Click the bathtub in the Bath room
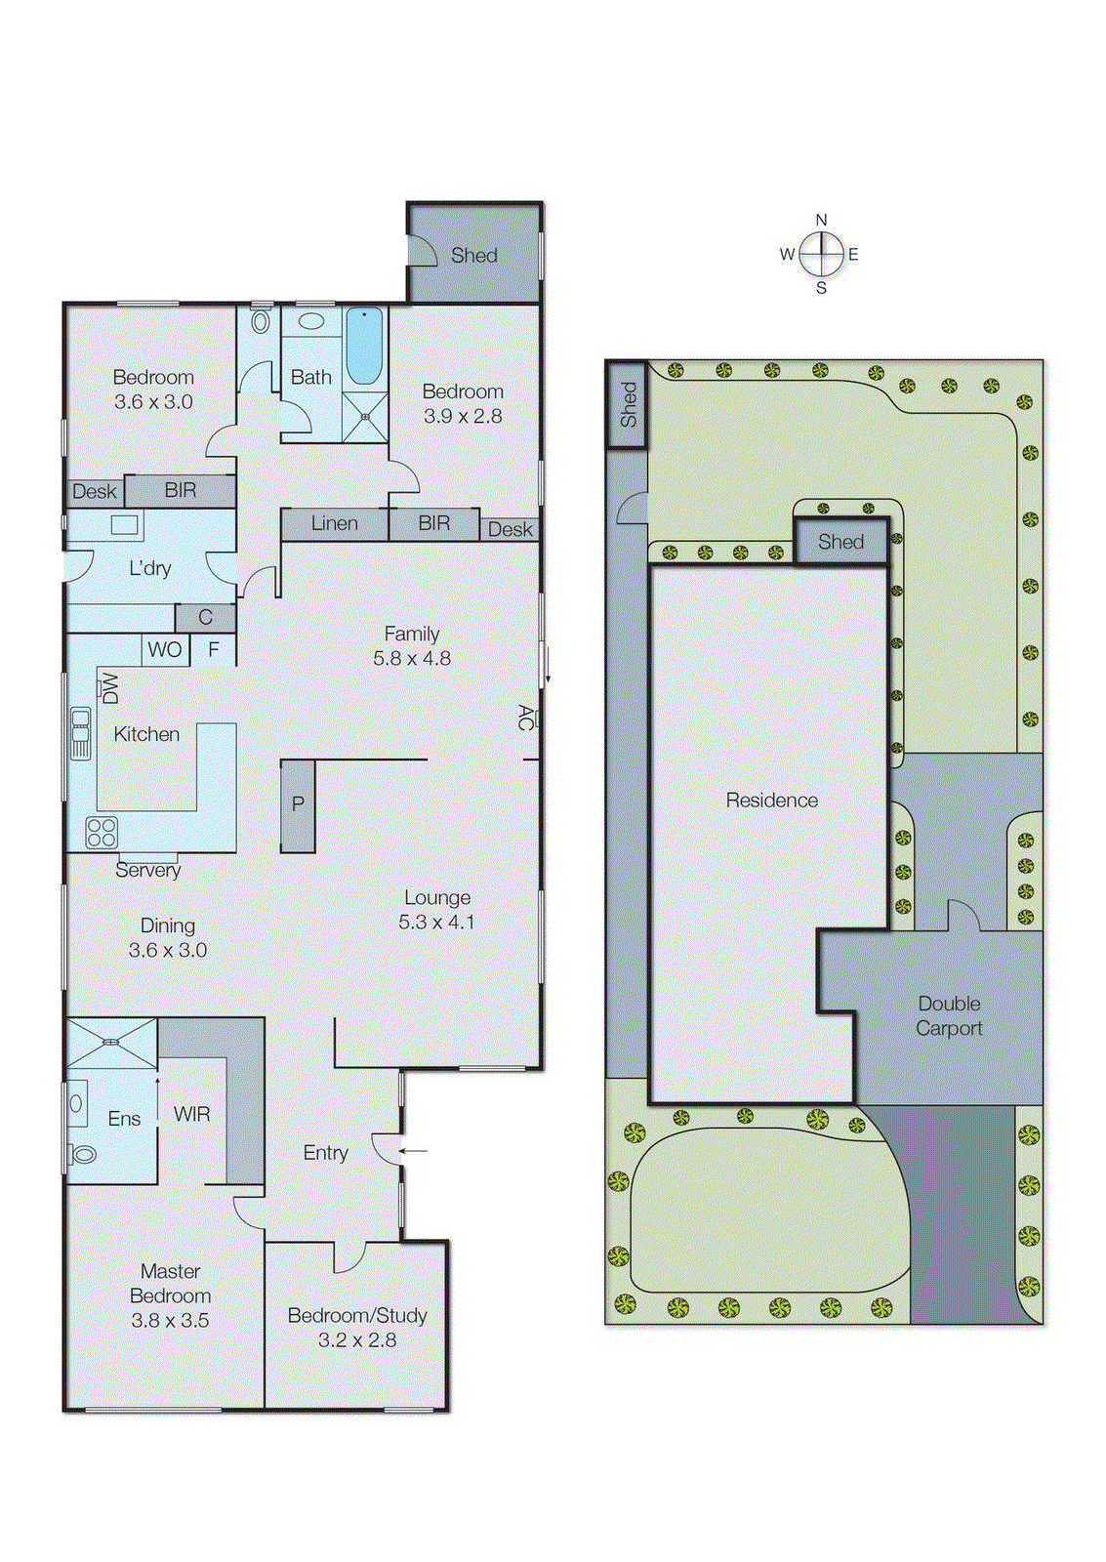click(x=364, y=347)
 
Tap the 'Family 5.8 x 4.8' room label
click(x=411, y=646)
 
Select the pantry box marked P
click(x=298, y=805)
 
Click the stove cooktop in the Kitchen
click(x=102, y=832)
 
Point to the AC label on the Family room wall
click(x=526, y=718)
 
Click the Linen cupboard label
click(x=334, y=523)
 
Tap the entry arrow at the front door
click(x=414, y=1151)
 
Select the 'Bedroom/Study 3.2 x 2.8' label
click(x=357, y=1328)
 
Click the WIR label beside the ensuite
click(x=192, y=1114)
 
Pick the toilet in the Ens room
click(x=82, y=1155)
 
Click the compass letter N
click(x=821, y=221)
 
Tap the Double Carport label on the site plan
click(x=949, y=1015)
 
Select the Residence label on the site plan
click(x=771, y=801)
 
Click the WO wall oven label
click(x=164, y=650)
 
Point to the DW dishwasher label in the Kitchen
click(x=109, y=687)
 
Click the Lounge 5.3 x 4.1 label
click(x=436, y=909)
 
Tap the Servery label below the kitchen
click(x=147, y=870)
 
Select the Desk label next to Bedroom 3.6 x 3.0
click(x=94, y=492)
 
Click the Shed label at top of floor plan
click(x=474, y=256)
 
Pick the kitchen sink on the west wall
click(x=80, y=733)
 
